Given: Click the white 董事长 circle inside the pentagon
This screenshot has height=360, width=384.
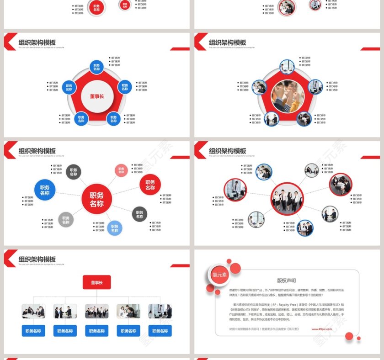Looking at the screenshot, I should pyautogui.click(x=96, y=96).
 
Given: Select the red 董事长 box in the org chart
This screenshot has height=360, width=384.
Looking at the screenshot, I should pyautogui.click(x=96, y=282).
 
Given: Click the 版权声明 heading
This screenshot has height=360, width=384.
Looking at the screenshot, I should pyautogui.click(x=286, y=281).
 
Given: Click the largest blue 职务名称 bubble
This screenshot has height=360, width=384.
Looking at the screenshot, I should pyautogui.click(x=45, y=190).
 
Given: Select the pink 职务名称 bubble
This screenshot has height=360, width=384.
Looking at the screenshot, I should pyautogui.click(x=121, y=170).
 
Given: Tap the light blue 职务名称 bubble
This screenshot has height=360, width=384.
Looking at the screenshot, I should pyautogui.click(x=114, y=228).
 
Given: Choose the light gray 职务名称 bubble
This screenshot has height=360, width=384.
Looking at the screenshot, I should pyautogui.click(x=66, y=219).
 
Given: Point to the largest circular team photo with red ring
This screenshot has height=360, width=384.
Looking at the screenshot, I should pyautogui.click(x=287, y=199).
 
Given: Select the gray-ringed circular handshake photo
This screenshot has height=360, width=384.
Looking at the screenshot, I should pyautogui.click(x=330, y=214).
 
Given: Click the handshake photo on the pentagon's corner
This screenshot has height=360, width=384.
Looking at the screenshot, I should pyautogui.click(x=271, y=119).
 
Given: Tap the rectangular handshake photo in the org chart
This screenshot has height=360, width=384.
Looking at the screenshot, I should pyautogui.click(x=65, y=312).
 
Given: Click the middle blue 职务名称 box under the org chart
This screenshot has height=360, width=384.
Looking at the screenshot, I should pyautogui.click(x=96, y=331).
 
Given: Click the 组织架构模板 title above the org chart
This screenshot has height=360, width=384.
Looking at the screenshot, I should pyautogui.click(x=37, y=259).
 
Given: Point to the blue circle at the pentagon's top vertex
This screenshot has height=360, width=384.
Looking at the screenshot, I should pyautogui.click(x=96, y=67).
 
